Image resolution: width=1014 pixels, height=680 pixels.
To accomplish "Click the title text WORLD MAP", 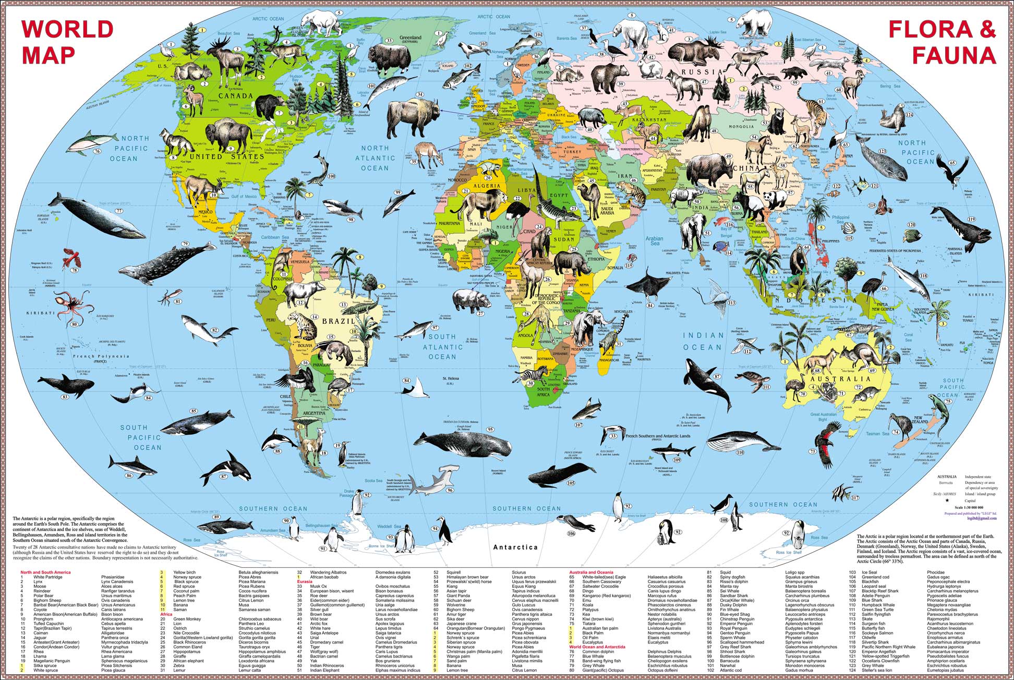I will click(67, 42).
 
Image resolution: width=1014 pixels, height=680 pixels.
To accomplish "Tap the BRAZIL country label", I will click(339, 321).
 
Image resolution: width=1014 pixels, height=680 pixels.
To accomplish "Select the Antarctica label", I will click(515, 547).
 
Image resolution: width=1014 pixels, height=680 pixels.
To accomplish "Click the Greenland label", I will click(410, 38).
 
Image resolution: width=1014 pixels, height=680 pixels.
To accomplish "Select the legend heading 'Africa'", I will click(166, 614).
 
